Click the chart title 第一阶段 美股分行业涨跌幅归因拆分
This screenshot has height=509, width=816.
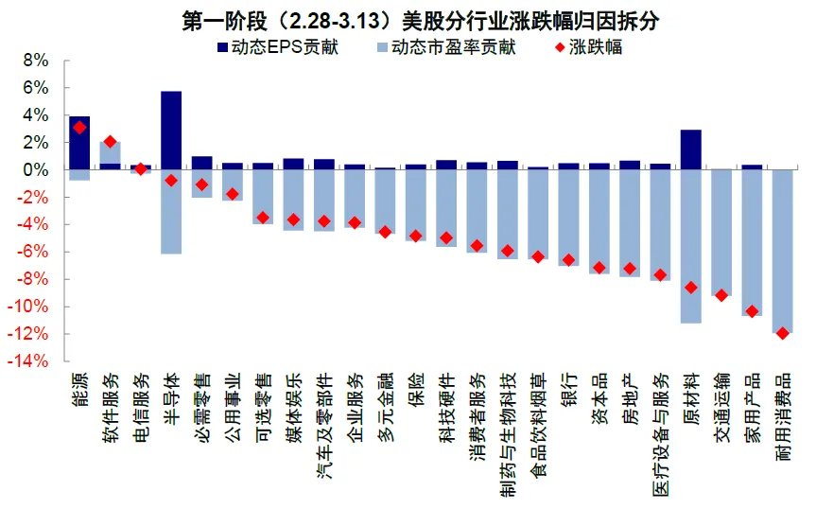[x=408, y=19]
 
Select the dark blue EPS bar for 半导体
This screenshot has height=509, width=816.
[x=171, y=130]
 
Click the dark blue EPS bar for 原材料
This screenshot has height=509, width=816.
[x=691, y=149]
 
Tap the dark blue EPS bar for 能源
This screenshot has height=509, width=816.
[x=79, y=142]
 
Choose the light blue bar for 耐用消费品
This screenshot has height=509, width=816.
[x=782, y=251]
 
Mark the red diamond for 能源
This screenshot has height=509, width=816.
[x=79, y=127]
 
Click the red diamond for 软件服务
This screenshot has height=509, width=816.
[x=110, y=141]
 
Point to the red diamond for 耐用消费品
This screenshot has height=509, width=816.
[x=782, y=333]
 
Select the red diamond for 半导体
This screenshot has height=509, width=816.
[x=171, y=180]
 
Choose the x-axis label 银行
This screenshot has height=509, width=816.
[x=568, y=391]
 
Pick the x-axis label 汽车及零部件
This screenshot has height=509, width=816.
[x=324, y=423]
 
